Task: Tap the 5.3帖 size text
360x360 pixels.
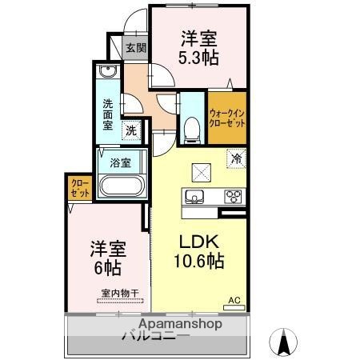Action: click(199, 57)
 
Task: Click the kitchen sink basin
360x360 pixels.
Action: click(196, 196)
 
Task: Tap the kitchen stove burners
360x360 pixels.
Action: click(233, 196)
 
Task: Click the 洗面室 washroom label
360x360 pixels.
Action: click(109, 114)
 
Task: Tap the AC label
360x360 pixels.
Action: click(234, 300)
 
